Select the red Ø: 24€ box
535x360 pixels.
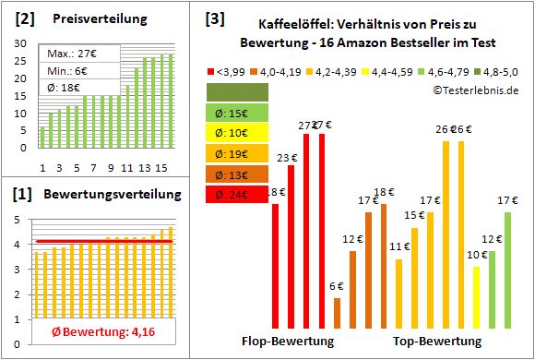237,195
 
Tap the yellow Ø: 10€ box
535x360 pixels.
237,134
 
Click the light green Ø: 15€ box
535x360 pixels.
237,113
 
